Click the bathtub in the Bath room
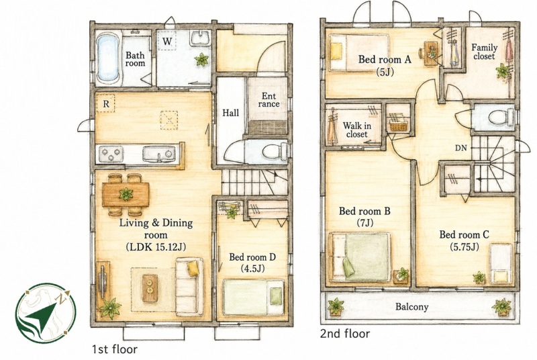click(108, 58)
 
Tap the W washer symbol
click(166, 41)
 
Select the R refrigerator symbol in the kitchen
click(106, 103)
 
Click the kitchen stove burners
click(111, 154)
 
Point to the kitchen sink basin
click(159, 154)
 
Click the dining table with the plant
click(126, 195)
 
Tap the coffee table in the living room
click(150, 288)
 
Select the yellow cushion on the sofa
click(193, 268)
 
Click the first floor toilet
click(274, 151)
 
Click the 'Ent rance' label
click(268, 99)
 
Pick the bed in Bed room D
click(254, 297)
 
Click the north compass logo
click(46, 313)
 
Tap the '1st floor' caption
click(115, 349)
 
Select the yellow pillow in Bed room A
click(336, 51)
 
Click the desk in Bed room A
click(430, 53)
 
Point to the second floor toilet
click(501, 118)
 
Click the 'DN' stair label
click(461, 148)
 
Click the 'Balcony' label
click(411, 306)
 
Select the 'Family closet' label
click(484, 51)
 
